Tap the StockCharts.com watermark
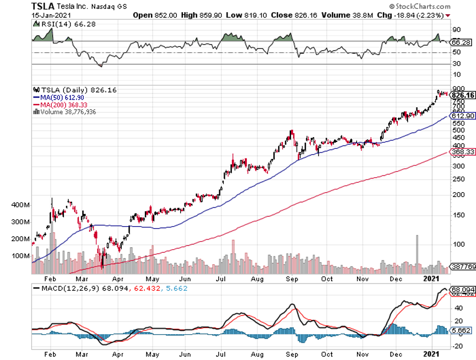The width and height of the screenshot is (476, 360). point(442,6)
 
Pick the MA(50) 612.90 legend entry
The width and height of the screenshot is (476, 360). point(57,97)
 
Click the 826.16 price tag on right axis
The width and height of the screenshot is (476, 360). point(463,95)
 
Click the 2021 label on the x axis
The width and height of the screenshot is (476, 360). point(433,279)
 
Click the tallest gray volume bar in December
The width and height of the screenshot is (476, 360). point(417,251)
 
